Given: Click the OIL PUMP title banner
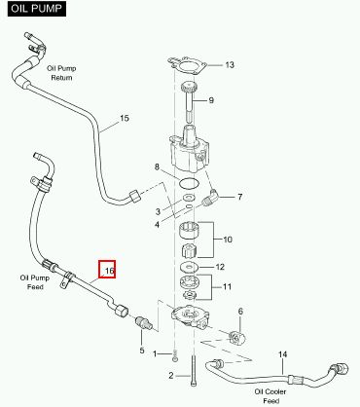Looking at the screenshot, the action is pos(37,9).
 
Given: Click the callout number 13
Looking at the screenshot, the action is pos(230,65).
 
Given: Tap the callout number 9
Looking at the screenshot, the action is pos(211,100).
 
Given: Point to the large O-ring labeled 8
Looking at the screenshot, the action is pos(189,183).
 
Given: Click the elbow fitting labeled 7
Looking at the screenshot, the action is pos(210,197).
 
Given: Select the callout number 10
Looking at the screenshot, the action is pos(228,240).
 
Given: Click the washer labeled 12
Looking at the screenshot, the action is pos(189,267).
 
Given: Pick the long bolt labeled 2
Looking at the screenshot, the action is pos(194,370).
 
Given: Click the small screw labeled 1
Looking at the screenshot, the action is pos(175,355).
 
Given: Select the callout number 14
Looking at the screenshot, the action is pos(282,354).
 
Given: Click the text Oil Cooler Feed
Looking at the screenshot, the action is pos(270,396).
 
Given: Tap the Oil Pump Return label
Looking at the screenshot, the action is pos(61,73).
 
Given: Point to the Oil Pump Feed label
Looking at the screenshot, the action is pos(35,282).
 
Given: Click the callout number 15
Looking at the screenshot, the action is pos(125,118).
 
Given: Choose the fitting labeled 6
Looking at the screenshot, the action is pos(237,338).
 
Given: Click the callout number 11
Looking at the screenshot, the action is pos(227,286).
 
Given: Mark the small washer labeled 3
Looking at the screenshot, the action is pos(188,197).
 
